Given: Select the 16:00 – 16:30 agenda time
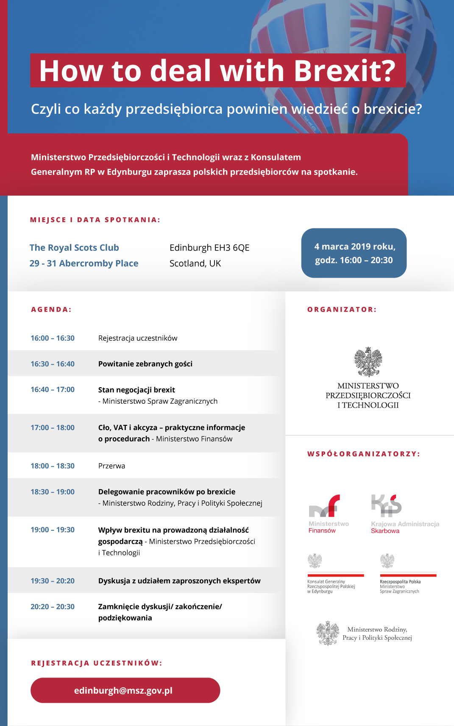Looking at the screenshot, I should pos(53,338).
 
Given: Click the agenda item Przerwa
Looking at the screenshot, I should pos(111,466).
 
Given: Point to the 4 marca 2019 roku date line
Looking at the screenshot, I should pos(354,247).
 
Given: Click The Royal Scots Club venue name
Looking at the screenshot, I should pos(74,248).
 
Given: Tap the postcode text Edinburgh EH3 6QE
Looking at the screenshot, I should pos(209,248).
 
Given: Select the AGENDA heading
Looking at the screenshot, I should pos(51,310).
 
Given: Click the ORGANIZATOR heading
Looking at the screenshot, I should pos(342,310).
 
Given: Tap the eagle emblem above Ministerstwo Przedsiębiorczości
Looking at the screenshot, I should pos(368,362).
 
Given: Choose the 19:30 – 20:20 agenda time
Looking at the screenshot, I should pos(53,581).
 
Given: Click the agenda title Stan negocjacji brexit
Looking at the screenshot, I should pos(136,390).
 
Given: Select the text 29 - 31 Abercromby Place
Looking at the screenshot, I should pos(84,263).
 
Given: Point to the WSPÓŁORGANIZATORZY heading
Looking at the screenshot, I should pos(363,454).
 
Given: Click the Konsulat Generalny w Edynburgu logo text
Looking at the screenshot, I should pos(331,586).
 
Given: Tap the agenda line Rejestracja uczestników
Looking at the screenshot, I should pos(138,338).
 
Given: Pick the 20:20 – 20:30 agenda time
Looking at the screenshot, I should pos(53,607).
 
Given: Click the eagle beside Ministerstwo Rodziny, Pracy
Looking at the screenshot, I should pos(328,633).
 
